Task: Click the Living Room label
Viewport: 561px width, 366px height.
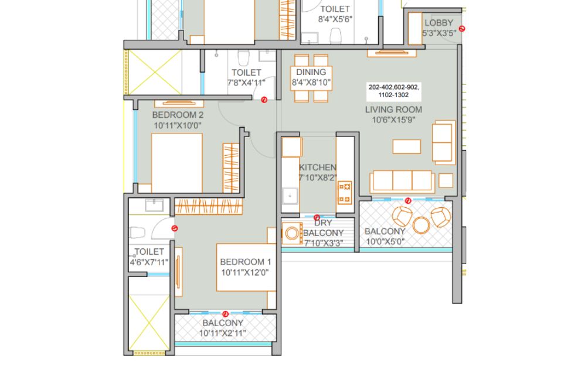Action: tap(393, 110)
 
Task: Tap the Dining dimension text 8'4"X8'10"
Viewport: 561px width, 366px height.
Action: tap(311, 83)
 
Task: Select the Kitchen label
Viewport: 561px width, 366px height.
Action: tap(318, 167)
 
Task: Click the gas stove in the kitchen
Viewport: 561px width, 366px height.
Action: tap(345, 192)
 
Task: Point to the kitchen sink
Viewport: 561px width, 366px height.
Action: tap(290, 196)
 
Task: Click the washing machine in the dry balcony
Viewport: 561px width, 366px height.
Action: tap(292, 234)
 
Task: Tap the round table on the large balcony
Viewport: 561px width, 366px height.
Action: tap(421, 225)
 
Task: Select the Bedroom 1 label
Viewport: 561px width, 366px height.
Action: tap(246, 262)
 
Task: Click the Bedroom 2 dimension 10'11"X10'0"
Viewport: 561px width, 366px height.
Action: tap(178, 126)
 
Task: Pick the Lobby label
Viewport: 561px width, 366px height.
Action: tap(439, 23)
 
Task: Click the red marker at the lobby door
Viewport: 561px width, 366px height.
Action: tap(462, 29)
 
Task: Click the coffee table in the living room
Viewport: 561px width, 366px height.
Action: tap(406, 146)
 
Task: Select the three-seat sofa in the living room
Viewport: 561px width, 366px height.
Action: tap(402, 182)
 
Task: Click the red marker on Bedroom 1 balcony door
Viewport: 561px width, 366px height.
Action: tap(226, 314)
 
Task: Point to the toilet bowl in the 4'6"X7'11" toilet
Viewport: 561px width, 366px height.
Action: tap(137, 232)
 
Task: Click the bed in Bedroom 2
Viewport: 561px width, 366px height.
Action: tap(177, 163)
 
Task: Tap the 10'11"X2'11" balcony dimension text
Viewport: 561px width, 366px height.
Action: tap(223, 333)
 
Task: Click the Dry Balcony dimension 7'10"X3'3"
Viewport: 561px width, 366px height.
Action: tap(324, 244)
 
